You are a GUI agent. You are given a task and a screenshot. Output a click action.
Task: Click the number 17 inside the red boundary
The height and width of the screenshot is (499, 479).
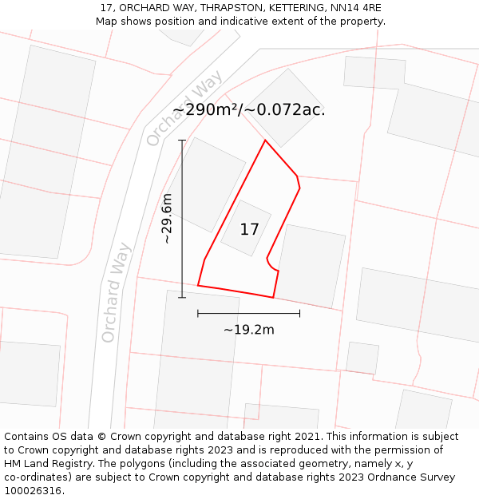249,230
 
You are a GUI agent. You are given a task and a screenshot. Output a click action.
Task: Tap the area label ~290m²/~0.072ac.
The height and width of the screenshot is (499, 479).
249,110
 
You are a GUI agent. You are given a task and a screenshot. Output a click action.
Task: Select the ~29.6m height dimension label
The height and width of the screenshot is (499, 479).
167,218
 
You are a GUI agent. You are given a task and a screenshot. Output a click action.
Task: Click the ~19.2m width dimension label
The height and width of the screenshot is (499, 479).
248,330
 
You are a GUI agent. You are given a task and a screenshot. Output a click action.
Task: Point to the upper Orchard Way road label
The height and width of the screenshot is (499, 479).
185,108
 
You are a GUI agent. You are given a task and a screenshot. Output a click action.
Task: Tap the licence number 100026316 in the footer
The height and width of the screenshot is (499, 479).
33,491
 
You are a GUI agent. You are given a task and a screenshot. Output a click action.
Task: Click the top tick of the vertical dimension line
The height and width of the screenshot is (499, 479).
182,141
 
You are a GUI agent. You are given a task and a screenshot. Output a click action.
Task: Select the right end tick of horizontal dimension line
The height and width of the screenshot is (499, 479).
299,314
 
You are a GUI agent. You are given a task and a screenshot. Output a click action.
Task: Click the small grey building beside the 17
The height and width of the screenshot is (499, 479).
246,228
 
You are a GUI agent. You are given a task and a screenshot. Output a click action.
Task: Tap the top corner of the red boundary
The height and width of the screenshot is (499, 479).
265,141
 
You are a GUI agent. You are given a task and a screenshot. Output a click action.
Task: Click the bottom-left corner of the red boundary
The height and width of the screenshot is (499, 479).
198,285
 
